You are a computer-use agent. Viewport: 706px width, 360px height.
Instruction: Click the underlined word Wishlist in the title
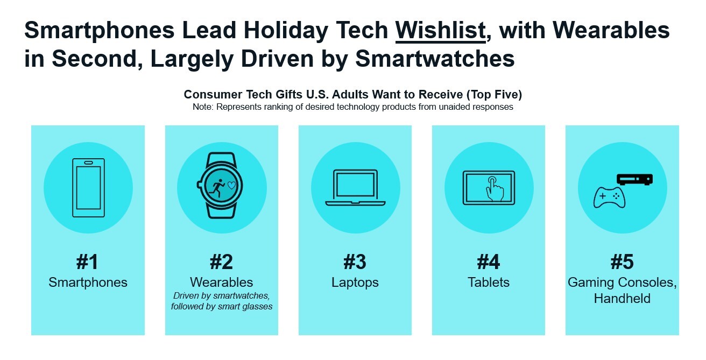pos(440,31)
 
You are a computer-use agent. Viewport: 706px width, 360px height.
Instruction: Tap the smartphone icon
pos(88,187)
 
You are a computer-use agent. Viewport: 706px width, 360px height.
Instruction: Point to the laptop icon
pos(355,187)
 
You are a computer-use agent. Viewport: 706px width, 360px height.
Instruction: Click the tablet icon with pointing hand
pos(489,186)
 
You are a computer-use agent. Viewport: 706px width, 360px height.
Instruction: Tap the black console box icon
pos(634,179)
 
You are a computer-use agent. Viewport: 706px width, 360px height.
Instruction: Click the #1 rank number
pos(88,262)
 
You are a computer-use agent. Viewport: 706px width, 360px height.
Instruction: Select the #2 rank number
pos(221,262)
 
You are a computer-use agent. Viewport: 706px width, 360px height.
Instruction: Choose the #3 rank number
pos(355,262)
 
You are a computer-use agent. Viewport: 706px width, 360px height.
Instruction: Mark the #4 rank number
pos(488,262)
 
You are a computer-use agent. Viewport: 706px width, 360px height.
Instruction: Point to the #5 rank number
pos(622,262)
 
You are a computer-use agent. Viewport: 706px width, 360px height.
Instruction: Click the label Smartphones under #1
pos(88,283)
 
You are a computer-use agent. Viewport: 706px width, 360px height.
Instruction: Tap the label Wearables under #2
pos(221,283)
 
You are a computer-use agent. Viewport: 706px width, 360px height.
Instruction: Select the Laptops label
pos(355,283)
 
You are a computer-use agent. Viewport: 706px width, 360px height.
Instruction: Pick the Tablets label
pos(488,283)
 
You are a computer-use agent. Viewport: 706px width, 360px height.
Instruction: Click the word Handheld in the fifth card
pos(622,298)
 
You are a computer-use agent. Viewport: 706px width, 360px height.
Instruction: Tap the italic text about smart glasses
pos(221,307)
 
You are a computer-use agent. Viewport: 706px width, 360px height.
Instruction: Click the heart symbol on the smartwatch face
pos(232,185)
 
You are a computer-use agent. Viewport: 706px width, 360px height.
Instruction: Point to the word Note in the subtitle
pos(203,107)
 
